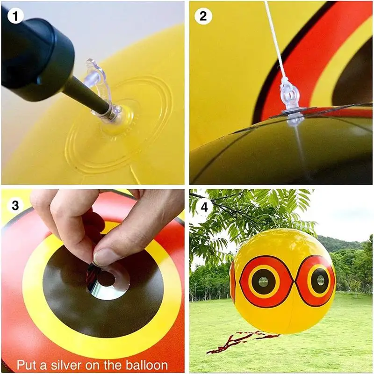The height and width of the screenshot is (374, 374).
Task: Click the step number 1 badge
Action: pos(15,16)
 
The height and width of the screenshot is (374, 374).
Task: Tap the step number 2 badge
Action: pos(203,16)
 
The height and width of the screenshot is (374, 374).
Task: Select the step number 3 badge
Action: pos(15,205)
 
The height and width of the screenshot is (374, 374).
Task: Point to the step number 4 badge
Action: pos(204,207)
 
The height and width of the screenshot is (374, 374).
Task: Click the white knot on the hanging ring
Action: pos(284,81)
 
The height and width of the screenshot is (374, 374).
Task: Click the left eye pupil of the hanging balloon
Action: pos(263,282)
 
